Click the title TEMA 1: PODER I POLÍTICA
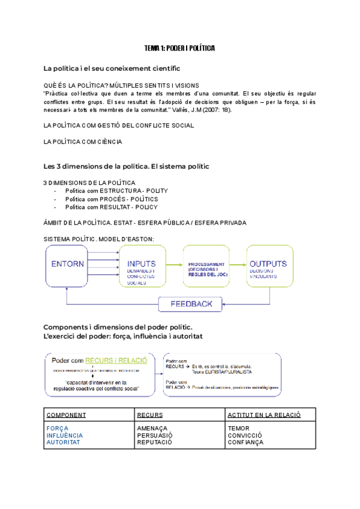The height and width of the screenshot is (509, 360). (x=180, y=47)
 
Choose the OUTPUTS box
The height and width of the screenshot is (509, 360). (x=268, y=265)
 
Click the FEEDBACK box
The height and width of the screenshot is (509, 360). (x=191, y=304)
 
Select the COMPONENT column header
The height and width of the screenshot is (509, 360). (x=66, y=415)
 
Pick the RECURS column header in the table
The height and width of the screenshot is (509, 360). (x=150, y=415)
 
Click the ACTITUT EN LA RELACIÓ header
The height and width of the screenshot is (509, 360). (x=264, y=415)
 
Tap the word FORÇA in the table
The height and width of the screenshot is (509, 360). (x=56, y=428)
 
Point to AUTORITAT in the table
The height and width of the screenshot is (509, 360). (x=62, y=442)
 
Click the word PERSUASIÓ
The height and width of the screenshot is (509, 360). (x=155, y=435)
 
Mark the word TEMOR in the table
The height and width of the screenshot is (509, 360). (x=238, y=428)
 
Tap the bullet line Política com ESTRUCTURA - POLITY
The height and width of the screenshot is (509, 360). (x=116, y=190)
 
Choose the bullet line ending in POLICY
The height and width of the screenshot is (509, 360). (x=111, y=207)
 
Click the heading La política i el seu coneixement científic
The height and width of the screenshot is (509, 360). (x=112, y=68)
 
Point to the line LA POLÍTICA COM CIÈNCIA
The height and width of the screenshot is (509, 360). (x=83, y=142)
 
